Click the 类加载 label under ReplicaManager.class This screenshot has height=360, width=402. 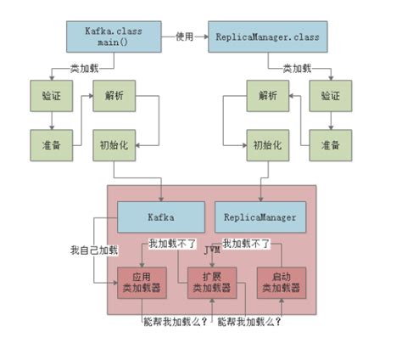(x=298, y=67)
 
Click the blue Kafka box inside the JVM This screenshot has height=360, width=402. (x=160, y=217)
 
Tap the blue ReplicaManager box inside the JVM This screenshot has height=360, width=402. (x=260, y=217)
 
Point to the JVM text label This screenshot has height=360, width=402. (x=212, y=252)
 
